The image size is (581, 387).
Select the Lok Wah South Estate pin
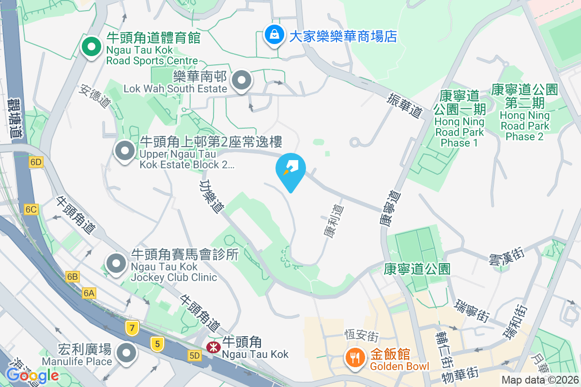(x=242, y=81)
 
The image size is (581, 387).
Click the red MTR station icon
(x=212, y=347)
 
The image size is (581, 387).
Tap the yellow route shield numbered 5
(x=157, y=344)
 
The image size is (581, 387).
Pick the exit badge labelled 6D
(x=36, y=162)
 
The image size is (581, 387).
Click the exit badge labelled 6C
(x=31, y=209)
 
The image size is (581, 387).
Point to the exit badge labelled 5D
(x=195, y=356)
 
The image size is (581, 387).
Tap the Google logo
(x=32, y=375)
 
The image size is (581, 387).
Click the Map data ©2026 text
(x=539, y=380)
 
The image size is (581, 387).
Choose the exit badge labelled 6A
(x=89, y=293)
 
